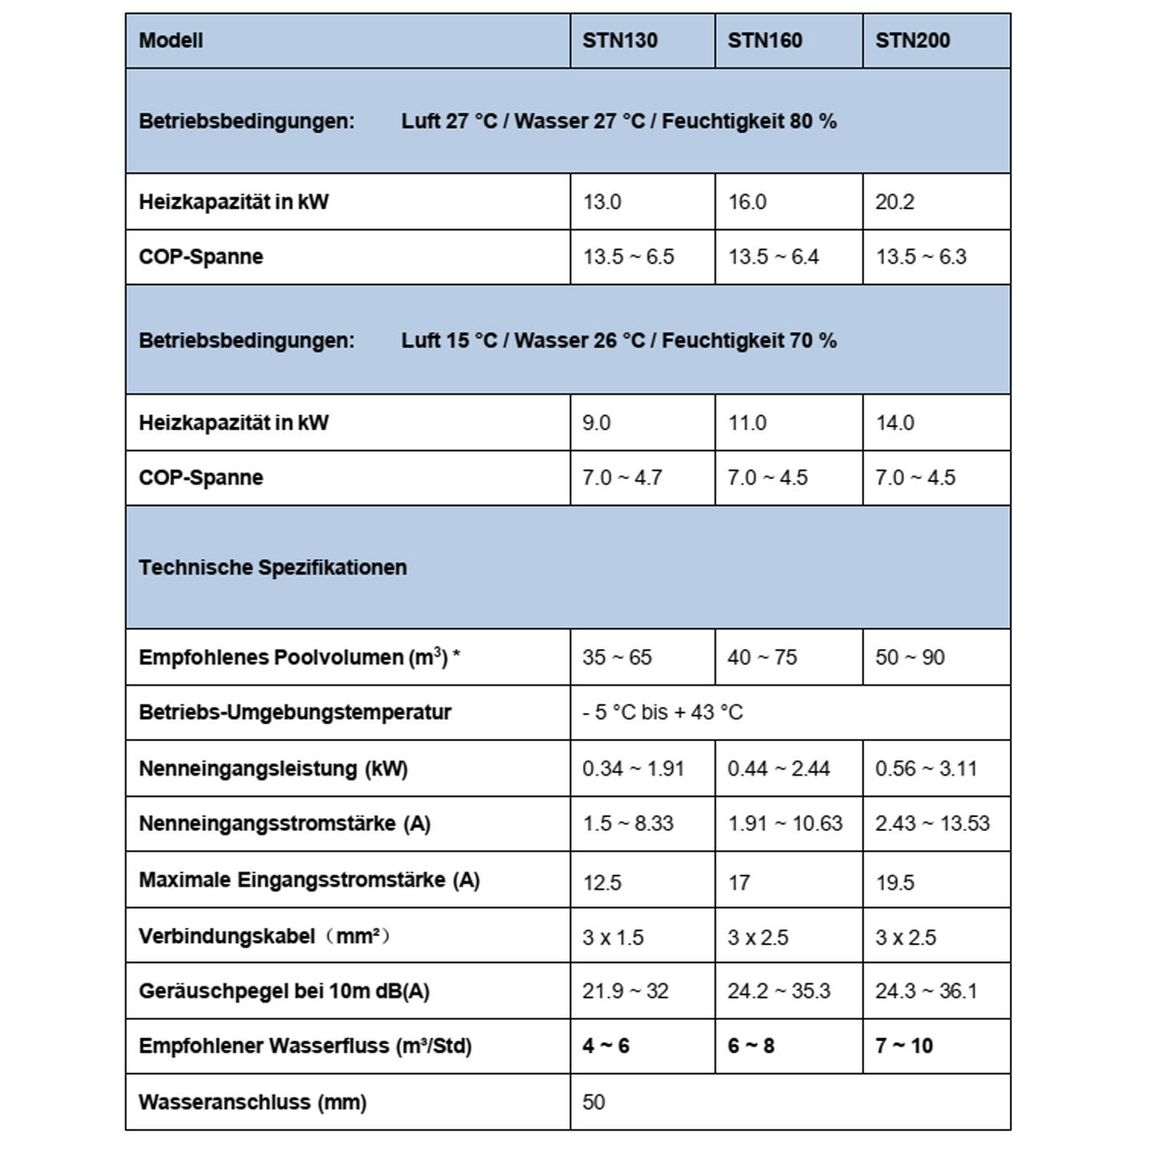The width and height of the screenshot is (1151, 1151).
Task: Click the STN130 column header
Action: coord(619,41)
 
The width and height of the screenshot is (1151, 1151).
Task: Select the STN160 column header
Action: coord(764,41)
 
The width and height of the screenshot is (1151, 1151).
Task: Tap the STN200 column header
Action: coord(912,41)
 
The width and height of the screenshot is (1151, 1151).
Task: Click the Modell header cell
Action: coord(171,41)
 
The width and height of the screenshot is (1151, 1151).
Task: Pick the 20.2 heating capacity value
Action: coord(895,202)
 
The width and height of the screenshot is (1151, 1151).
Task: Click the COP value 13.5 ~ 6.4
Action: coord(773,257)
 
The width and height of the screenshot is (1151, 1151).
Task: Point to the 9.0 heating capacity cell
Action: coord(596,423)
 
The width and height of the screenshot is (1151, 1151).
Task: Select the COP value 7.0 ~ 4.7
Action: coord(622,478)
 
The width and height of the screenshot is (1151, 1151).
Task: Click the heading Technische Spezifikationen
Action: coord(272,568)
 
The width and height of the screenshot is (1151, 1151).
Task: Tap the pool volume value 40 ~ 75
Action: coord(762,658)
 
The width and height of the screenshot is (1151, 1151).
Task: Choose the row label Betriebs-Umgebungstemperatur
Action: coord(295,712)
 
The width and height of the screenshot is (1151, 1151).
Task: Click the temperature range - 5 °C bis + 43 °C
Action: coord(663,713)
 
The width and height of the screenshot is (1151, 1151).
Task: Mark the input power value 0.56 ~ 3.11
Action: coord(926,769)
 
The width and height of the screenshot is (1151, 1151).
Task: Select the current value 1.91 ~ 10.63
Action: coord(785,824)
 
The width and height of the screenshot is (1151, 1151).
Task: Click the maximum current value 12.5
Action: coord(602,882)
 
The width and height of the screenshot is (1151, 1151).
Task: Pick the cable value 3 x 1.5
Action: coord(612,938)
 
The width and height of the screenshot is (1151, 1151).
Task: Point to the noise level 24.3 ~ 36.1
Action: coord(926,991)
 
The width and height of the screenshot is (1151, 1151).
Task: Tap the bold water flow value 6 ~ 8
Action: coord(750,1046)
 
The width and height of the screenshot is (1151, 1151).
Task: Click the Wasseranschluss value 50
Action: coord(593,1103)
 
